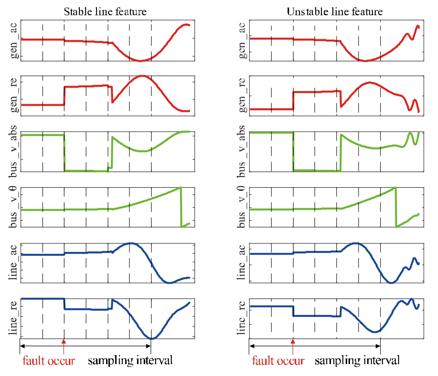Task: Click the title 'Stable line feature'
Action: pyautogui.click(x=105, y=11)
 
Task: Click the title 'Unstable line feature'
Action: pyautogui.click(x=334, y=11)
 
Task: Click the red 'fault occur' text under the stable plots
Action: pyautogui.click(x=49, y=361)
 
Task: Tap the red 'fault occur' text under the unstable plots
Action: pyautogui.click(x=278, y=361)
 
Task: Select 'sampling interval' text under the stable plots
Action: pyautogui.click(x=130, y=361)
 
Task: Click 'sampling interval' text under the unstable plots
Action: pyautogui.click(x=357, y=361)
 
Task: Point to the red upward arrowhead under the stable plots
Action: pyautogui.click(x=63, y=341)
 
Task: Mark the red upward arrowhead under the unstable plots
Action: pyautogui.click(x=293, y=341)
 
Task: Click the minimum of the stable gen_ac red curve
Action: pyautogui.click(x=140, y=61)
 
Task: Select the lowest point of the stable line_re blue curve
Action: pyautogui.click(x=152, y=339)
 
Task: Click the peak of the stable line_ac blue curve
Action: pyautogui.click(x=131, y=243)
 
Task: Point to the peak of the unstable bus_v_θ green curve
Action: pyautogui.click(x=395, y=188)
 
